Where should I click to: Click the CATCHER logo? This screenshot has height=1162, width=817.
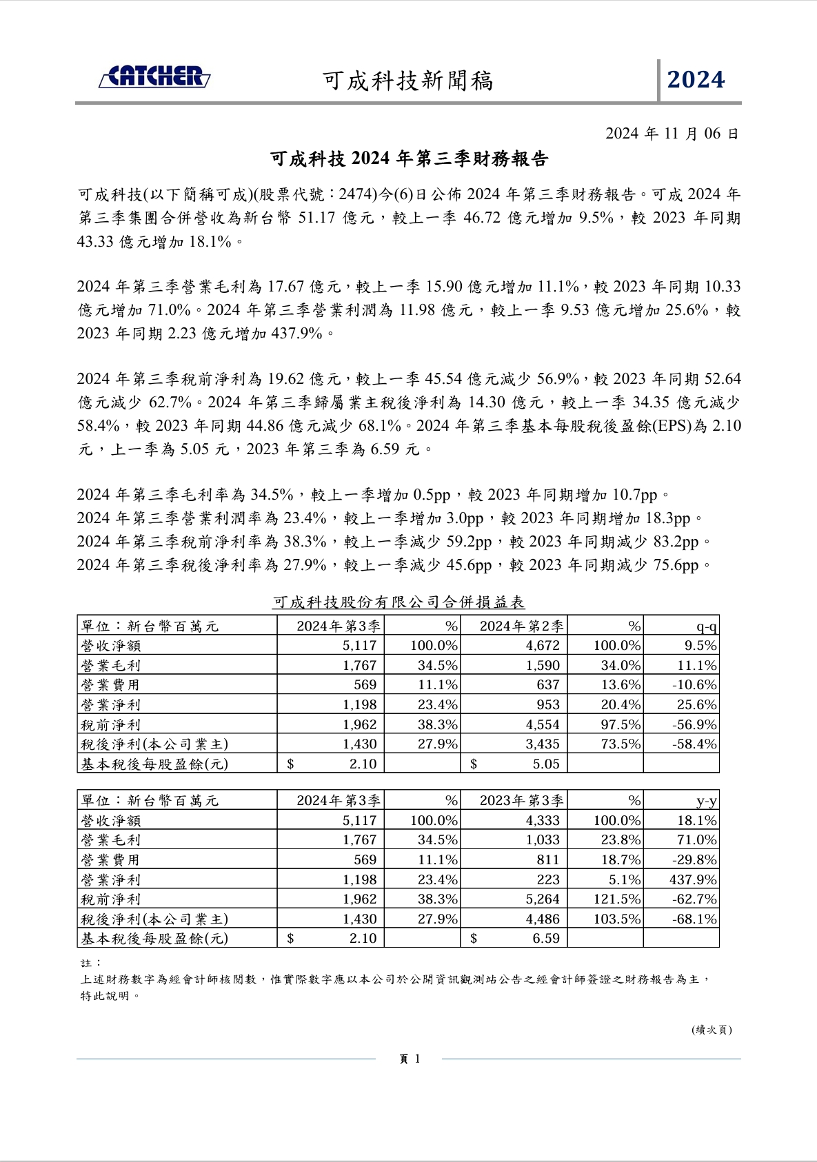click(154, 77)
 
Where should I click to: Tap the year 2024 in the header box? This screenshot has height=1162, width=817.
click(696, 80)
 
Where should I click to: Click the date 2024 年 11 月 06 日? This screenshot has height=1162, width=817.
click(672, 134)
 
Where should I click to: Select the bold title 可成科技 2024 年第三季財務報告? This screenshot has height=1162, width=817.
click(409, 159)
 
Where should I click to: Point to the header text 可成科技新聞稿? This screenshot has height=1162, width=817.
click(408, 81)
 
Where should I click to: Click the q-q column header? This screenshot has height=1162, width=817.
click(706, 626)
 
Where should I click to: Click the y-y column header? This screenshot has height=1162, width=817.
click(706, 801)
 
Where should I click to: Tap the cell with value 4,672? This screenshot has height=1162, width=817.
click(543, 646)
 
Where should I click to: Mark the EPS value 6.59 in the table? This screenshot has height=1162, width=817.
click(545, 939)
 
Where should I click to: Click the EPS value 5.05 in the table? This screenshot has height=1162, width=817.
click(545, 764)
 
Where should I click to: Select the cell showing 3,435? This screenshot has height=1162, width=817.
click(543, 744)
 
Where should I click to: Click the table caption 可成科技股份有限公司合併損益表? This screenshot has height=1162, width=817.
click(399, 602)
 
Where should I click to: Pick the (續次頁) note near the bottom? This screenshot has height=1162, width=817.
click(712, 1030)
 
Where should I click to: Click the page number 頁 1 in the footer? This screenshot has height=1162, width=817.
click(410, 1059)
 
